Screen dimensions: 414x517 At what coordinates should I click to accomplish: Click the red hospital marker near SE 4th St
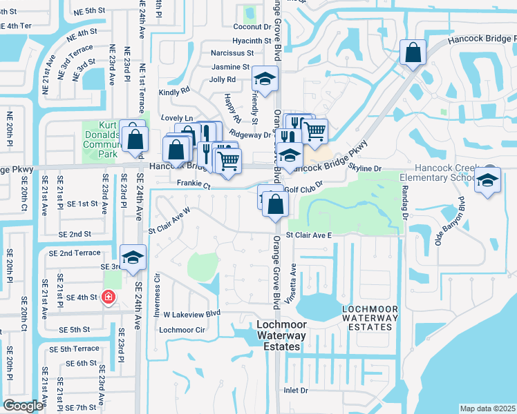[x=109, y=297]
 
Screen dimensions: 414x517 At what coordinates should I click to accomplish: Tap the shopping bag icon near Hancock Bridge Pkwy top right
[x=413, y=52]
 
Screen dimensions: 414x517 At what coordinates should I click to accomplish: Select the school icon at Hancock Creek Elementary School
[x=489, y=181]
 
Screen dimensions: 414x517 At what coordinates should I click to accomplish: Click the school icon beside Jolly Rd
[x=264, y=79]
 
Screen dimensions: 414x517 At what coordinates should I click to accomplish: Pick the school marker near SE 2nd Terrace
[x=132, y=258]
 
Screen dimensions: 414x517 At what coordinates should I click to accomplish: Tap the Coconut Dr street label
[x=252, y=27]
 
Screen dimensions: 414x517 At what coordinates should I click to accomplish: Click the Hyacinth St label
[x=252, y=41]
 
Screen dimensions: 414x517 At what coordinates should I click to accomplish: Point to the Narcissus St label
[x=231, y=53]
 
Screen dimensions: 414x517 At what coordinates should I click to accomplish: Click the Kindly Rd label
[x=174, y=91]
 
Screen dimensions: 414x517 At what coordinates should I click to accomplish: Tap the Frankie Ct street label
[x=193, y=184]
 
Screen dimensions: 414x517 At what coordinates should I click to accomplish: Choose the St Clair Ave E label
[x=309, y=235]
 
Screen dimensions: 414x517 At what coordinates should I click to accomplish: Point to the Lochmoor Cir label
[x=182, y=330]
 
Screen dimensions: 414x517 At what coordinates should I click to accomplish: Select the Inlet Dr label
[x=295, y=391]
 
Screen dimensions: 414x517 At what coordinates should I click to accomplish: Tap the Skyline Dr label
[x=364, y=168]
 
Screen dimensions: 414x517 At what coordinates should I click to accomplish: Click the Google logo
[x=23, y=406]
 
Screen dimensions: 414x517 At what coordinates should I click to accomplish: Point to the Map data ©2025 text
[x=487, y=408]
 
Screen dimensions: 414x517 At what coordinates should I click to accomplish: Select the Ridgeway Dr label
[x=250, y=135]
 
